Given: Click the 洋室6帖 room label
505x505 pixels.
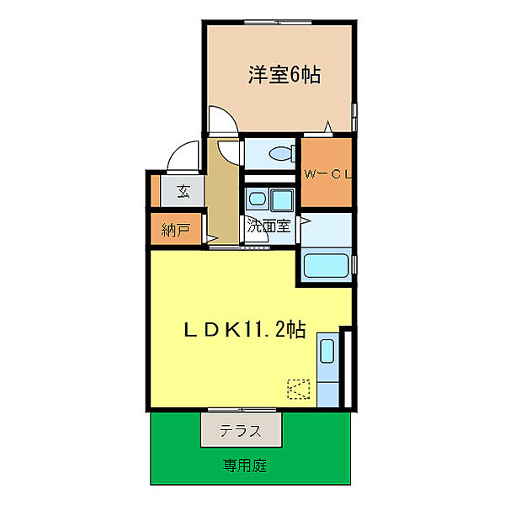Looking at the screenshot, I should pos(284,75).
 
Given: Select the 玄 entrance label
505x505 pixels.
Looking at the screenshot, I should pos(183,191).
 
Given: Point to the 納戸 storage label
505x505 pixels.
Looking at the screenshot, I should pos(176,229).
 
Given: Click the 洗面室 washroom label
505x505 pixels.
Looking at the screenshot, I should pos(268,226).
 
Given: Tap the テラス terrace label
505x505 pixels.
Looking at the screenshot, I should pos(239,431).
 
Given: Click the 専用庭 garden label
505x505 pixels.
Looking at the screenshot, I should pos(245,465).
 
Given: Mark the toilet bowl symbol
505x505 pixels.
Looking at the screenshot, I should pos(280,153).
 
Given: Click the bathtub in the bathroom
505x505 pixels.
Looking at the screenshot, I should pos(327,267).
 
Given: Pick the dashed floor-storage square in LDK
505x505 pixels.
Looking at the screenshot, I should pos(299,389).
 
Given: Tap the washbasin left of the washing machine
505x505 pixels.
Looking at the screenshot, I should pos(256,200).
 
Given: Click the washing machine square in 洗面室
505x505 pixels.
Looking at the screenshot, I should pos(281,200).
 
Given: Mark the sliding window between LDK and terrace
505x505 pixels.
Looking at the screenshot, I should pos(244,411).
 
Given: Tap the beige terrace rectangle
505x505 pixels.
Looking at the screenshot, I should pos(240,430).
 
